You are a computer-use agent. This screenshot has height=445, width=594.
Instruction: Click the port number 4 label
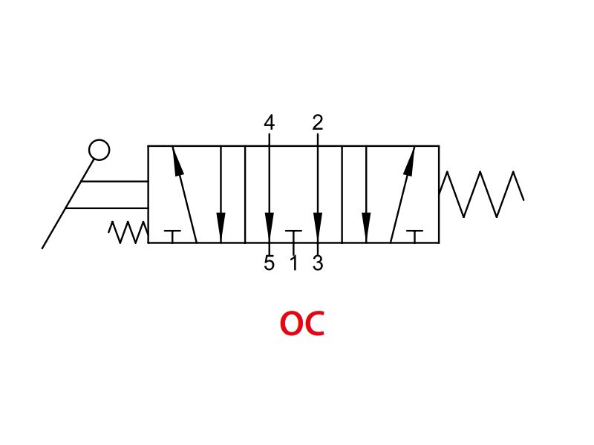click(x=269, y=122)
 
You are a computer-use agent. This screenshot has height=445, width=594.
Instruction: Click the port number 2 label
click(x=318, y=122)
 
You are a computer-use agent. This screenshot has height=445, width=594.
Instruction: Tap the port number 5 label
click(x=269, y=263)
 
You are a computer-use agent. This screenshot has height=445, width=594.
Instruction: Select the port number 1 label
click(x=293, y=263)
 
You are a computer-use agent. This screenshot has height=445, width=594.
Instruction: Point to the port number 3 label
click(x=318, y=263)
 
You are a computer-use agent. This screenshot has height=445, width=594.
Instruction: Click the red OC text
click(x=302, y=323)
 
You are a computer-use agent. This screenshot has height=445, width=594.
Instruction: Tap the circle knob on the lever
click(x=99, y=150)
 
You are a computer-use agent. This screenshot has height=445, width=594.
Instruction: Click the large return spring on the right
click(x=481, y=194)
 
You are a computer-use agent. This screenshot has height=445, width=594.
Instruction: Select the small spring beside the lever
click(x=128, y=232)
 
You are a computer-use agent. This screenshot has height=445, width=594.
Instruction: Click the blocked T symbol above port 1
click(x=293, y=236)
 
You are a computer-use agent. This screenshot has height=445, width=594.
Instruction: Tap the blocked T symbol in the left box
click(x=172, y=236)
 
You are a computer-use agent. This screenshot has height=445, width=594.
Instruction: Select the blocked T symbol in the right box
click(x=415, y=236)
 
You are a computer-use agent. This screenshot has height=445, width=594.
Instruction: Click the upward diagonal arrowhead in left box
click(x=177, y=161)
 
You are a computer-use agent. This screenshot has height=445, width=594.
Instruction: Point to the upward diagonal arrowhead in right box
click(x=410, y=161)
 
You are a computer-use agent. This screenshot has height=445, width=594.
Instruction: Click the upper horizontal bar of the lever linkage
click(x=114, y=181)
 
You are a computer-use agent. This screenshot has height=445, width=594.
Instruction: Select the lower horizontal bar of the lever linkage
click(x=107, y=208)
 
